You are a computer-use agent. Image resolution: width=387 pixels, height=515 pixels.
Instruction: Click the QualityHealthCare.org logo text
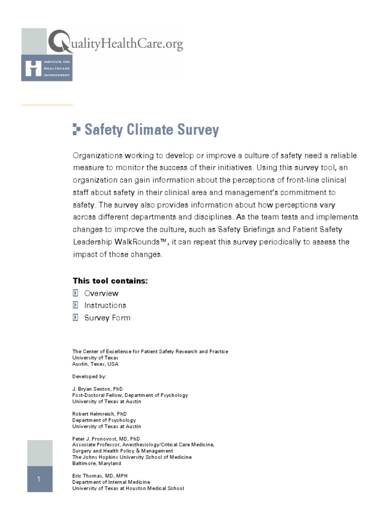point(115,44)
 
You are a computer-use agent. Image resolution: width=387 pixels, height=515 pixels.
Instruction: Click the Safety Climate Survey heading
point(151,130)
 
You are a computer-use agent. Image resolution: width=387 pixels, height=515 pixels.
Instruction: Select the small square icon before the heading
point(76,129)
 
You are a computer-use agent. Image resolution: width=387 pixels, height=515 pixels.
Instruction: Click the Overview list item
point(101,293)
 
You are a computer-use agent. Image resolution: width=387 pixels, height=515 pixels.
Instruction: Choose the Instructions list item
point(105,305)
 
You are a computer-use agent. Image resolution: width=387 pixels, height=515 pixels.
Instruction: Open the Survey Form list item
point(107,318)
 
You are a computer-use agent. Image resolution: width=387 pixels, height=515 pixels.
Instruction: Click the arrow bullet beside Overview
point(76,293)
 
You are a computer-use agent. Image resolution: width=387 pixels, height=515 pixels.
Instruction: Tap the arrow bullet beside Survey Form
point(76,318)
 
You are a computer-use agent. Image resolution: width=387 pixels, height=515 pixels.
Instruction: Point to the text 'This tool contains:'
point(110,281)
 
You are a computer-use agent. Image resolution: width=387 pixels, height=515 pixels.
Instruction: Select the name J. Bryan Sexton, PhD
point(97,389)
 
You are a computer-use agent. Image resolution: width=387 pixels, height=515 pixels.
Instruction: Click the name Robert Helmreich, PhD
point(99,414)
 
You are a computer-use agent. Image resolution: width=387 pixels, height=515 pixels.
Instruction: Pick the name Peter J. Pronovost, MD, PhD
point(106,439)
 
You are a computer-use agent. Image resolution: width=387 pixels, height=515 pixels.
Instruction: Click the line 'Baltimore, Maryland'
point(97,463)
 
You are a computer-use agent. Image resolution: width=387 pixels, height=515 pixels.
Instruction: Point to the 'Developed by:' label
point(89,376)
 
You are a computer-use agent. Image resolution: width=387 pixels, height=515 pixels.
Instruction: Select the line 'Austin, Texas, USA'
point(95,364)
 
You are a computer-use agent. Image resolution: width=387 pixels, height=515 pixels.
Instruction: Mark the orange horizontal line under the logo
point(47,105)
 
